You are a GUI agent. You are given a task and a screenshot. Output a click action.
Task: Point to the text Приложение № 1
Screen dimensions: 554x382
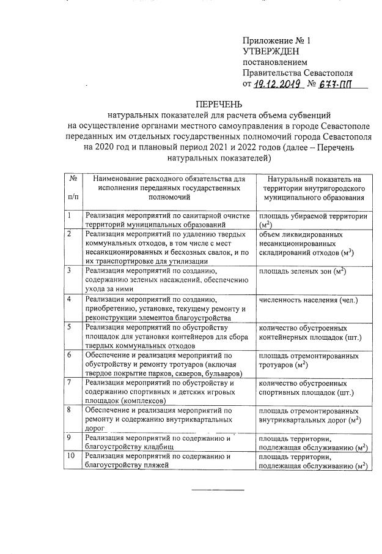[x=276, y=40]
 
